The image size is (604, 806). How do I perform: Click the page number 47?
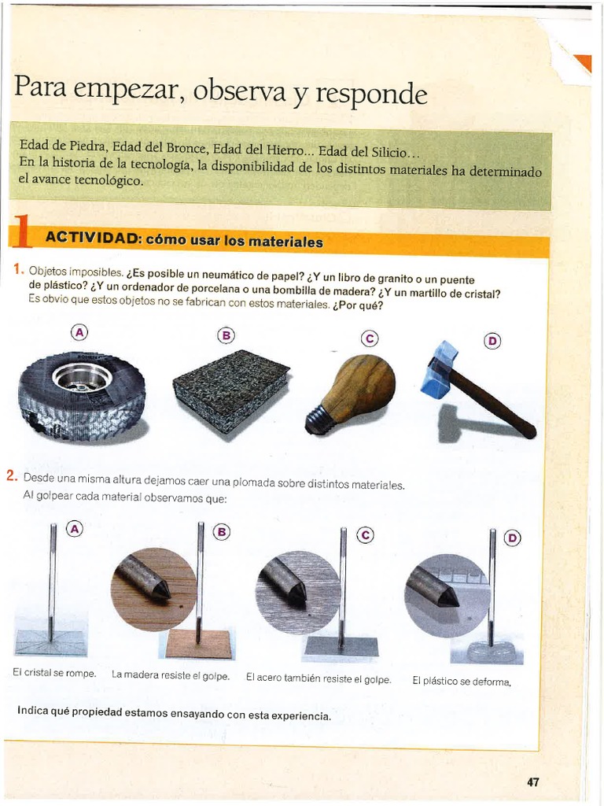[532, 782]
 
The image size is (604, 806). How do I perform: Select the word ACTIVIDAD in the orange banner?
[93, 238]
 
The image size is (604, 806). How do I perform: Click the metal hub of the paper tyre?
[81, 377]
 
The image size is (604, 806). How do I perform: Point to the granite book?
[230, 389]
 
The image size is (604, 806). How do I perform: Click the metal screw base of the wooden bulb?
[319, 420]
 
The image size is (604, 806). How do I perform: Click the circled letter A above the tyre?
[79, 331]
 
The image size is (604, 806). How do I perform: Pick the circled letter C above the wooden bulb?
[369, 338]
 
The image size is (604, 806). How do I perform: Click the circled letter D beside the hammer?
[492, 340]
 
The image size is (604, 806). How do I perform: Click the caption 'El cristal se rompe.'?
[54, 673]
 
